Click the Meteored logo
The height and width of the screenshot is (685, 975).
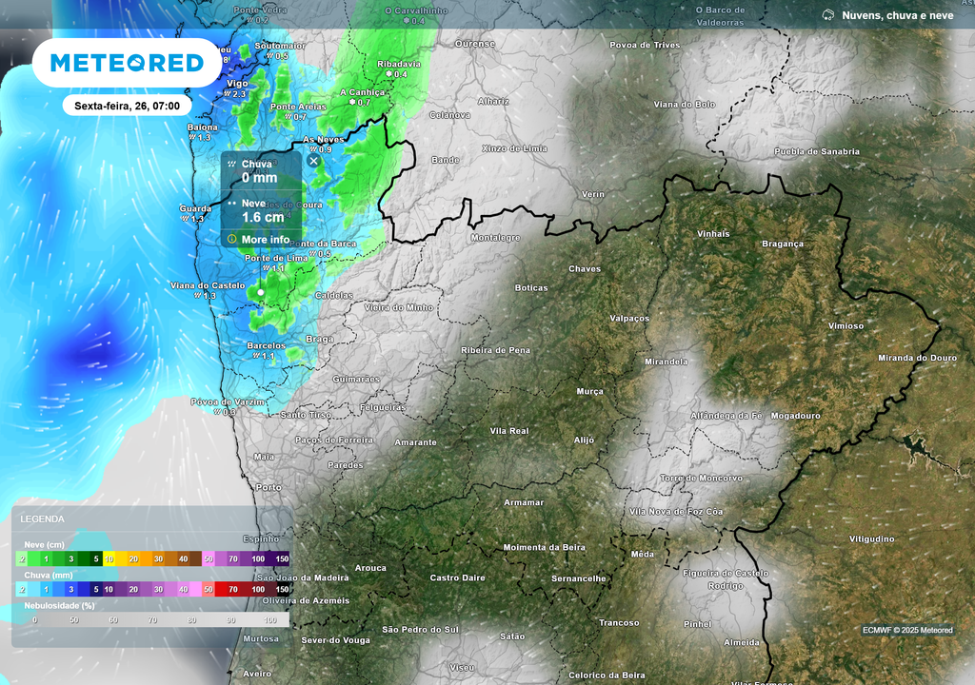point(127,63)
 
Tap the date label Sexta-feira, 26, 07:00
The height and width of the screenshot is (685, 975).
point(127,106)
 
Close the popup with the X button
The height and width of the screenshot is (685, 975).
point(313,162)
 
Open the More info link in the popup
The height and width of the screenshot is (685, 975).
point(265,239)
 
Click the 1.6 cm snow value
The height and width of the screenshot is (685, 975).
point(263,217)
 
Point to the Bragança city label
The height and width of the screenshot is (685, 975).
point(783,244)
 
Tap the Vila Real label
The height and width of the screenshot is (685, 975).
point(508,431)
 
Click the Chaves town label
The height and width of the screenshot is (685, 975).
point(585,268)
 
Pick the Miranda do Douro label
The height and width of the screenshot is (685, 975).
point(916,358)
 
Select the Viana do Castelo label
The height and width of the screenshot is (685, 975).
point(207,284)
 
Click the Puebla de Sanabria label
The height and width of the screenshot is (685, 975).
point(816,151)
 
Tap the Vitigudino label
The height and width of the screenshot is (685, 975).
point(871,539)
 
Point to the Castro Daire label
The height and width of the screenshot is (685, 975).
point(457,577)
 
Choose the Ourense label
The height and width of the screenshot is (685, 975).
point(475,44)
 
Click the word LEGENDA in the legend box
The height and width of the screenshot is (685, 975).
point(43,519)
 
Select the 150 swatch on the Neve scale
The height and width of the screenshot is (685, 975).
point(282,559)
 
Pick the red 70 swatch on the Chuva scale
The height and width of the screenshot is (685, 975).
point(233,590)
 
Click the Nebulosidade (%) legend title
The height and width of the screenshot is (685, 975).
point(59,605)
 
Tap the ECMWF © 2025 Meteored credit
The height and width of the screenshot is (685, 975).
point(907,630)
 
